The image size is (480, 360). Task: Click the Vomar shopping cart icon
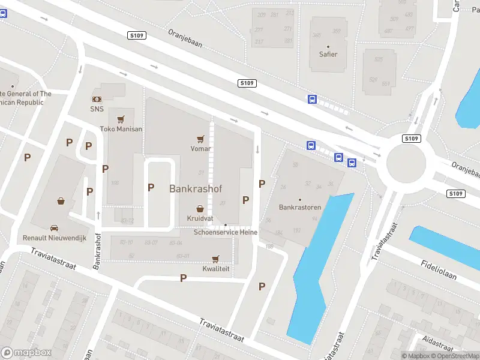[200, 137]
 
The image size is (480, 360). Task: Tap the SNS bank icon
[97, 98]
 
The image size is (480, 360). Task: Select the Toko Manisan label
[121, 129]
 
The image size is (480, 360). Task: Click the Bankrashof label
[196, 188]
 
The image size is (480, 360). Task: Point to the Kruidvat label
[200, 218]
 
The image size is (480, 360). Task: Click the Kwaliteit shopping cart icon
[215, 259]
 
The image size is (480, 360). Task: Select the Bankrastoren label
[300, 208]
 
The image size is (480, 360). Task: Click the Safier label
[328, 54]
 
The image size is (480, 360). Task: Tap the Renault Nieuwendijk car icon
[55, 228]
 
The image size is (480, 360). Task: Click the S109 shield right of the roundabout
[456, 194]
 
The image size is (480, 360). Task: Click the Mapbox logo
[26, 353]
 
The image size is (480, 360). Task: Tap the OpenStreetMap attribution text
[451, 356]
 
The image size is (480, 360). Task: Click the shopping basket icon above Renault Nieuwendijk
[61, 201]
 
